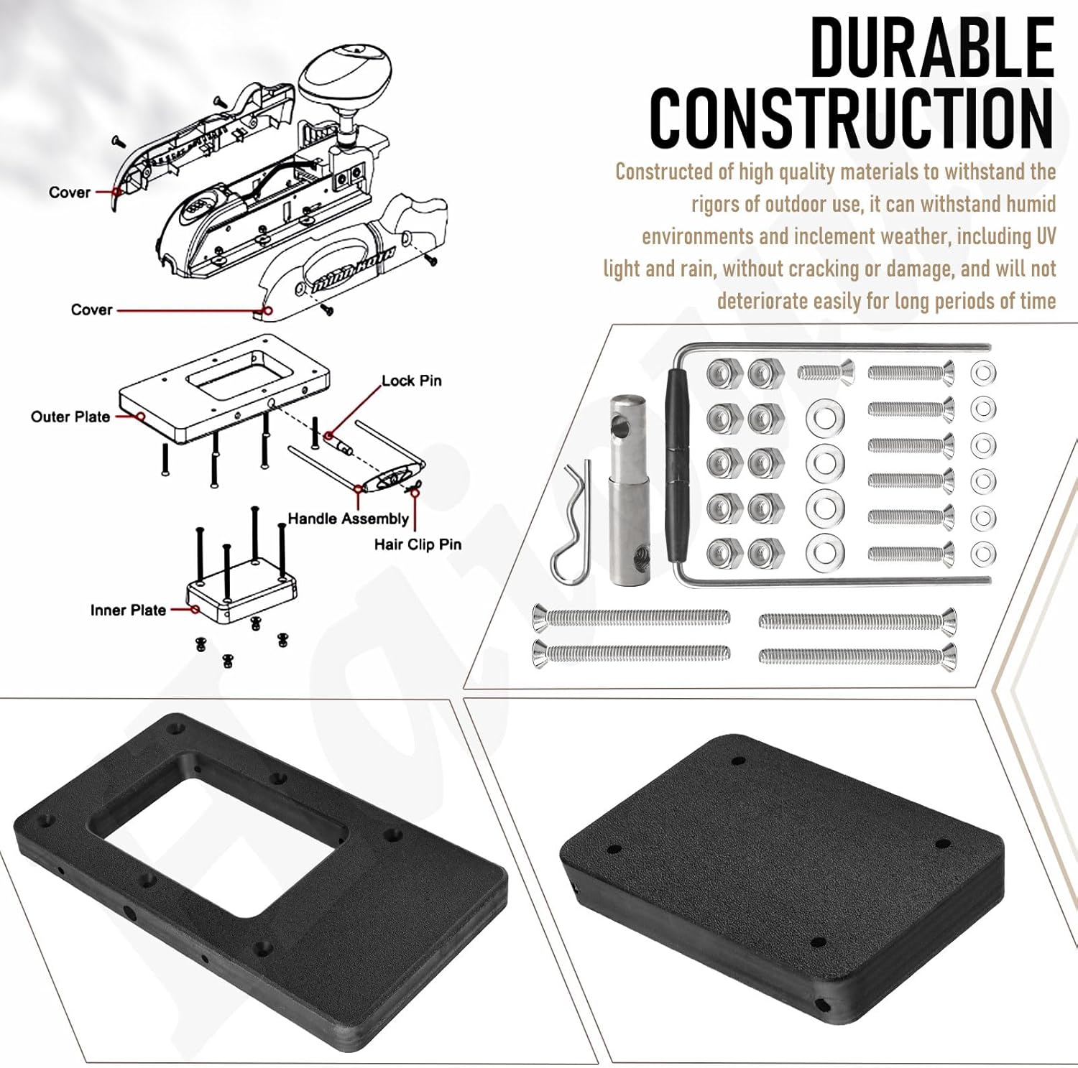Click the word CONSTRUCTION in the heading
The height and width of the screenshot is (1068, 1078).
pos(852,119)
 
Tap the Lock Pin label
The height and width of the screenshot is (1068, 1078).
pos(411,381)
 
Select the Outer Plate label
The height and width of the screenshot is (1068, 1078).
pos(70,417)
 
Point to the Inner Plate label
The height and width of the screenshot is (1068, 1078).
pos(128,610)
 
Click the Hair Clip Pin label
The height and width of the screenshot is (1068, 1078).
pos(418,544)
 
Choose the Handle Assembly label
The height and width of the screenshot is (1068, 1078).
pos(348,519)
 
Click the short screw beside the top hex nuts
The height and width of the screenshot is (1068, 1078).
pos(826,371)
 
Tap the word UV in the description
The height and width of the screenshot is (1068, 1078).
pos(1045,236)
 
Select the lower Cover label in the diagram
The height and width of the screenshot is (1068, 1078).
pos(91,310)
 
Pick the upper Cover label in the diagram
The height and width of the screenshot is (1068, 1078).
pos(70,192)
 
